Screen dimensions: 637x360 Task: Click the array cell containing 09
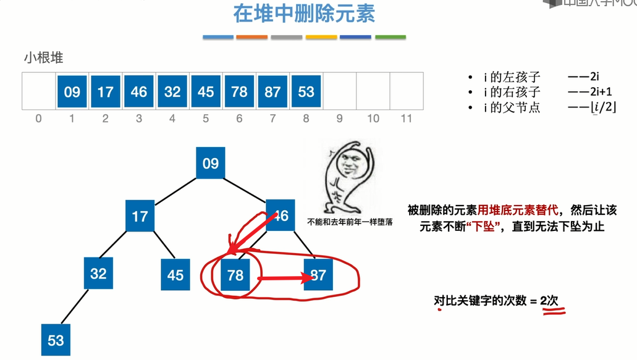pyautogui.click(x=72, y=91)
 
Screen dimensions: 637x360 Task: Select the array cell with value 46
pyautogui.click(x=139, y=91)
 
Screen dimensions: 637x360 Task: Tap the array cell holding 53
pyautogui.click(x=306, y=91)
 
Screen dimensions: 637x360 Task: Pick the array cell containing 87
pyautogui.click(x=272, y=91)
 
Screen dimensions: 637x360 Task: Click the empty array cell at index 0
pyautogui.click(x=39, y=91)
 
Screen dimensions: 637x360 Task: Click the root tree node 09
pyautogui.click(x=211, y=163)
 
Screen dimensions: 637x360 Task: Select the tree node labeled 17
pyautogui.click(x=140, y=216)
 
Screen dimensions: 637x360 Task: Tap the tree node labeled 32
pyautogui.click(x=99, y=273)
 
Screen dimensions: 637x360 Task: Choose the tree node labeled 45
pyautogui.click(x=175, y=275)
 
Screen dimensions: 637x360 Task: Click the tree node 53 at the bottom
pyautogui.click(x=56, y=340)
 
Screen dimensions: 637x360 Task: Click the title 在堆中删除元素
pyautogui.click(x=304, y=14)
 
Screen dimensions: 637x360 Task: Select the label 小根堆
pyautogui.click(x=44, y=59)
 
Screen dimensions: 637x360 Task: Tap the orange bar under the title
pyautogui.click(x=251, y=37)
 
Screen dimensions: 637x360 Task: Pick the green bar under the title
pyautogui.click(x=390, y=37)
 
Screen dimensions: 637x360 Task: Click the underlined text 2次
pyautogui.click(x=549, y=301)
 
